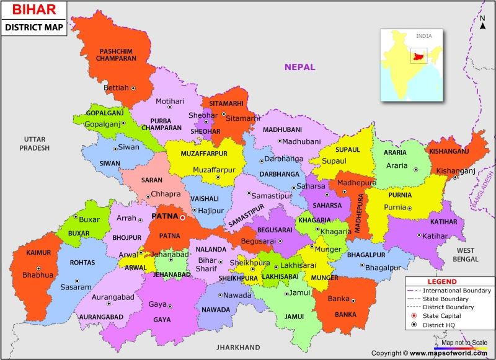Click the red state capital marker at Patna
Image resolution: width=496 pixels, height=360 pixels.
[182, 217]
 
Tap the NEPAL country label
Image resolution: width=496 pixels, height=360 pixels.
[299, 67]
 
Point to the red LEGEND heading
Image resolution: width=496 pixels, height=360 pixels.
[441, 281]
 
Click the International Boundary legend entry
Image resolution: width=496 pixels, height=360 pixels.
[456, 290]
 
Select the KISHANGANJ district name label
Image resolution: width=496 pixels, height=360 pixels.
[448, 151]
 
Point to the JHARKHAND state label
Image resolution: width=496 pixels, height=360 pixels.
[238, 347]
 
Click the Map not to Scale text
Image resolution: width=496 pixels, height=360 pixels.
[464, 341]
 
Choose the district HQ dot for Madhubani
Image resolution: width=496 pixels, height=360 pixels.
[280, 141]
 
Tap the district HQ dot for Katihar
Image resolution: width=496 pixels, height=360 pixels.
[419, 235]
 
